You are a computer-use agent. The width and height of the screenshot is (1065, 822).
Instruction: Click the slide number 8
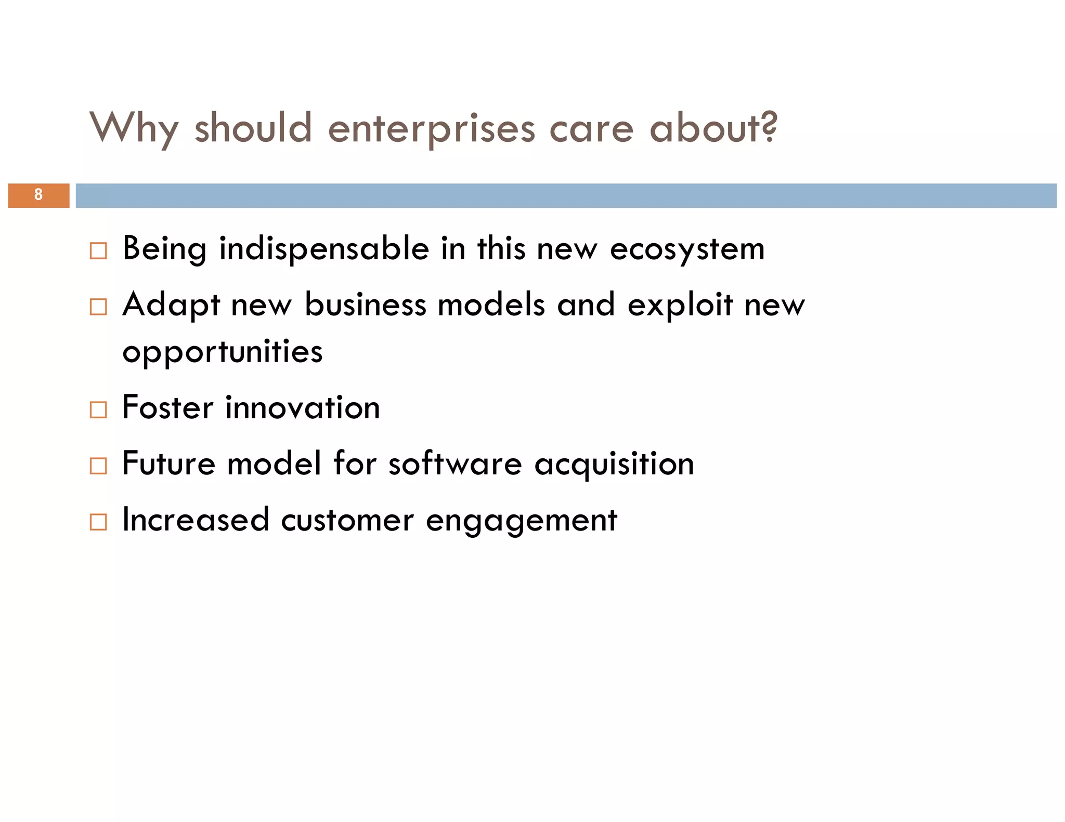38,195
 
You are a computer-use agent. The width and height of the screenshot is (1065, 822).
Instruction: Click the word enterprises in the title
431,128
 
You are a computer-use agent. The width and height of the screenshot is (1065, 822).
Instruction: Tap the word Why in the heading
134,128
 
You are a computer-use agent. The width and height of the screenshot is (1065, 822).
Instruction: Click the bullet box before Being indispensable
98,250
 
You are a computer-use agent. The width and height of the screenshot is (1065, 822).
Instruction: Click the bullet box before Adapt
98,307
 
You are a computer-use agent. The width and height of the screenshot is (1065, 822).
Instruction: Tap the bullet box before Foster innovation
98,409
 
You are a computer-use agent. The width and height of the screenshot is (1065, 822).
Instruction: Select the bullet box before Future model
98,466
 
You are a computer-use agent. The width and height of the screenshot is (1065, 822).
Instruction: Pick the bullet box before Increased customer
98,522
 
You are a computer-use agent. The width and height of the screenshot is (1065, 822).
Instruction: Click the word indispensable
324,248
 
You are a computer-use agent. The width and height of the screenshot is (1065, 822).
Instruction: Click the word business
365,304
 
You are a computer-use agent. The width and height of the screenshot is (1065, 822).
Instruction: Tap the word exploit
680,306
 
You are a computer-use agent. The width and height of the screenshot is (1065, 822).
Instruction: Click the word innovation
302,407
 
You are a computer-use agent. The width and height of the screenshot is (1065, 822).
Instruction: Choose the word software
455,463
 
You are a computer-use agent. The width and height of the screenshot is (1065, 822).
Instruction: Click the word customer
347,520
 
